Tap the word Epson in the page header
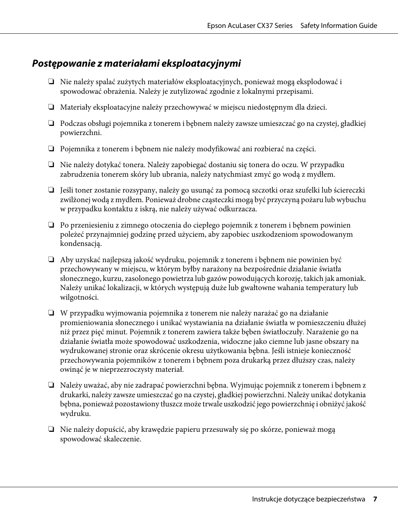[x=217, y=25]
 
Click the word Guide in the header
[x=368, y=25]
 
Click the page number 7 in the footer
[x=375, y=499]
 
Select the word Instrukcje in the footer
[x=267, y=499]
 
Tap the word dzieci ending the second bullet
[x=317, y=107]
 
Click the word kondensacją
[x=81, y=243]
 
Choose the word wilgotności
[x=79, y=297]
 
